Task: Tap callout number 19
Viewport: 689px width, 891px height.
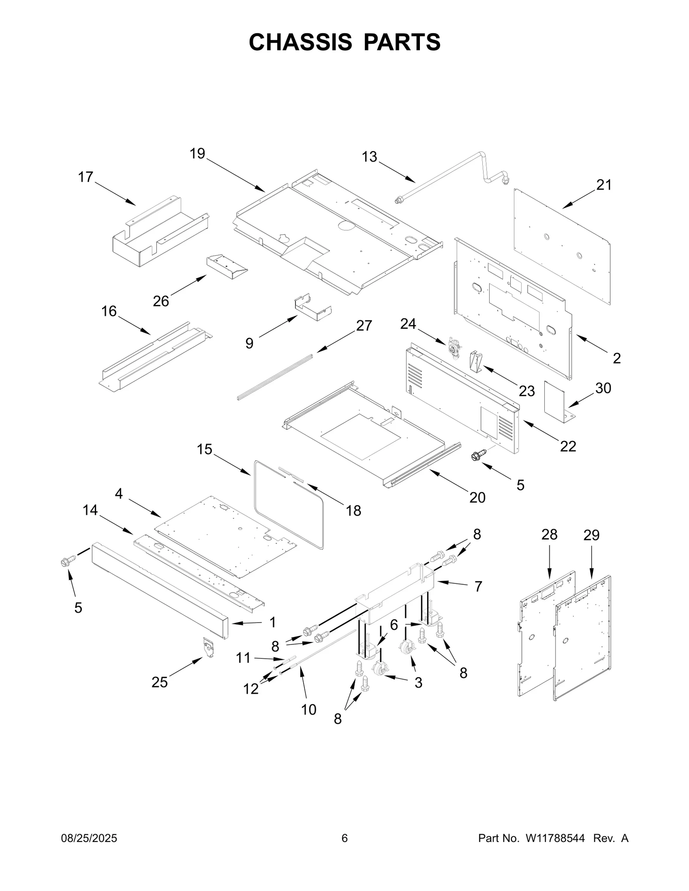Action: (198, 154)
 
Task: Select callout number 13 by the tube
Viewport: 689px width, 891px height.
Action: (369, 157)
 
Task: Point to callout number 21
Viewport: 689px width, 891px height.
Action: (604, 185)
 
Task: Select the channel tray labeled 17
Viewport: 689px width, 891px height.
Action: (159, 234)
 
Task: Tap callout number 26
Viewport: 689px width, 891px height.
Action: (161, 301)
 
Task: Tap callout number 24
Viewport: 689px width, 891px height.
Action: (407, 324)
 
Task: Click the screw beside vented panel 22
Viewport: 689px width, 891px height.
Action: (479, 454)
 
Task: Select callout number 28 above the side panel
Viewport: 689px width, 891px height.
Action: (549, 534)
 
